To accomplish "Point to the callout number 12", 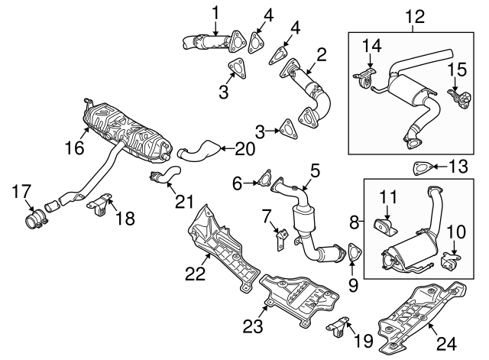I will click(413, 14).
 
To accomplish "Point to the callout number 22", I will click(197, 273).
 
